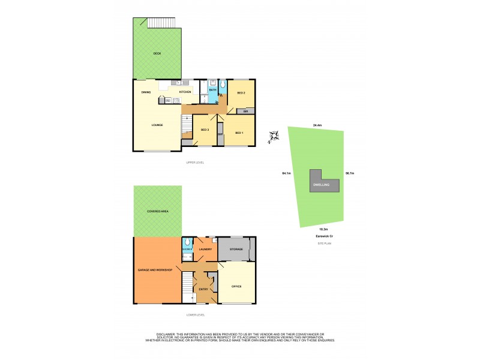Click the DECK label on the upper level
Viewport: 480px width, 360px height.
(x=157, y=53)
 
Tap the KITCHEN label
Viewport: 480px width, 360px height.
(x=185, y=92)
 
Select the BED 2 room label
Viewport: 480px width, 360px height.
(x=241, y=93)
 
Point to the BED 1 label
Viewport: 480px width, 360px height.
(x=239, y=132)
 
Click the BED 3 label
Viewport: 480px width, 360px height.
(x=204, y=130)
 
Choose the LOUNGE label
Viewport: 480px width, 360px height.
(x=158, y=125)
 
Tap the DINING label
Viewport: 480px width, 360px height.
(x=146, y=92)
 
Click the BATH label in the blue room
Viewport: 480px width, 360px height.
(x=212, y=90)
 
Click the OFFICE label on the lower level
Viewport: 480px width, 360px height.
(x=236, y=286)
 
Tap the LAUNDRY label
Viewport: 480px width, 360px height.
(x=206, y=250)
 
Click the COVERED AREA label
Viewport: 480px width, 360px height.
(x=157, y=212)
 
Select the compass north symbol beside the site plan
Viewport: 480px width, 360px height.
(x=274, y=137)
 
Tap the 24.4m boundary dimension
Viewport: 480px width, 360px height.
(x=317, y=125)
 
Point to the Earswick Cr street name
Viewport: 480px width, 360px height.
(x=325, y=236)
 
